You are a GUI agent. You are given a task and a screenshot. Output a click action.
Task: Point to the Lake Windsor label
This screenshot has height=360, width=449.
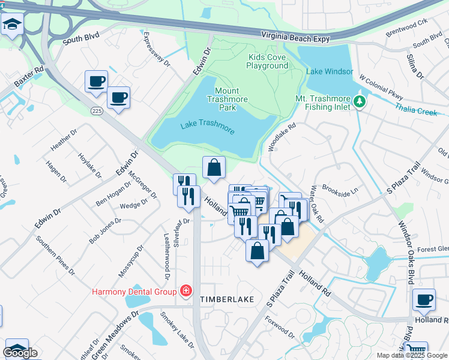[x=330, y=71]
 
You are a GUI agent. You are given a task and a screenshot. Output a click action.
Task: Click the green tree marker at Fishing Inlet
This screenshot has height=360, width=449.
[x=360, y=101]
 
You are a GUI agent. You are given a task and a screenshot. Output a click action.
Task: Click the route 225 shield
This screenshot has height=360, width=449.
[x=97, y=111]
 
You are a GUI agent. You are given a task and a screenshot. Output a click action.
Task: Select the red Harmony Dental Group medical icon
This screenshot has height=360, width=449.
[x=186, y=292]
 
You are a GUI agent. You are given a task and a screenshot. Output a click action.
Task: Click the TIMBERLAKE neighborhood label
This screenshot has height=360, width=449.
[x=227, y=299]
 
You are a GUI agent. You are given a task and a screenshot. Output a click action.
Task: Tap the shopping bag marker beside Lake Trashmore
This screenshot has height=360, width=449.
[x=214, y=169]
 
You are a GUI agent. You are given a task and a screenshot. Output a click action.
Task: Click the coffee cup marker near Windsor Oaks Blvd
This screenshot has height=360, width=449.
[x=424, y=299]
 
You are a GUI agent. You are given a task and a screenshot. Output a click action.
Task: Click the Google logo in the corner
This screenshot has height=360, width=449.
[x=20, y=353]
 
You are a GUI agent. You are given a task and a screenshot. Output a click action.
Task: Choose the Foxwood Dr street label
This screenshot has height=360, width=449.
[x=280, y=332]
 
